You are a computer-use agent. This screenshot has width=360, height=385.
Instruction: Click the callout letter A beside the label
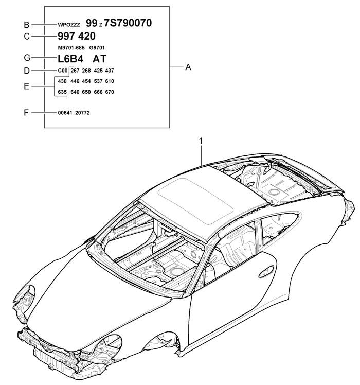coord(188,67)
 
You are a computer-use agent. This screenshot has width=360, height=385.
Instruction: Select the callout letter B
coord(27,25)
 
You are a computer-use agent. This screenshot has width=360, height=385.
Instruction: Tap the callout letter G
coord(27,58)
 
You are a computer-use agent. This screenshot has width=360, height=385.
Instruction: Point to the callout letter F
coord(26,113)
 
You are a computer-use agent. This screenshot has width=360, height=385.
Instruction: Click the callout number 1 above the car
coord(201,141)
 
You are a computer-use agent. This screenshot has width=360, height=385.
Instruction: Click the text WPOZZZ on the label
coord(69,25)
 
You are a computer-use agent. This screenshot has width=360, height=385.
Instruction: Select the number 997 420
coord(77,36)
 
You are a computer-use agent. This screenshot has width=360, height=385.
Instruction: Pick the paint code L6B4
coord(70,59)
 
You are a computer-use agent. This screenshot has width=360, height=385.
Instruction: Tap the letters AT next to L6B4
coord(99,59)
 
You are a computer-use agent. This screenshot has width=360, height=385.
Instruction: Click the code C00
coord(63,71)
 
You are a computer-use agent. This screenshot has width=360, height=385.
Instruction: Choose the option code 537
coord(98,81)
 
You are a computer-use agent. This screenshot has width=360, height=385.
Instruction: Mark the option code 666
coord(98,92)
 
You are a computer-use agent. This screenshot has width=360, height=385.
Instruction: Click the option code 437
coord(110,71)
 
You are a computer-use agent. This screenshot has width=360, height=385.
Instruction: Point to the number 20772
coord(82,113)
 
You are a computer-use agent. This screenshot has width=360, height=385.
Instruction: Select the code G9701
coord(97,48)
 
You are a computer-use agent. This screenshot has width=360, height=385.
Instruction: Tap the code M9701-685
coord(71,48)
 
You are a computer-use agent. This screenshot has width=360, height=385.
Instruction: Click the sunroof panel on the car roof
coord(195,200)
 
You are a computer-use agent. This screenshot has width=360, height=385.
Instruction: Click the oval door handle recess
coord(266,272)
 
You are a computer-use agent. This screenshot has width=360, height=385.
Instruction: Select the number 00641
coord(65,113)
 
